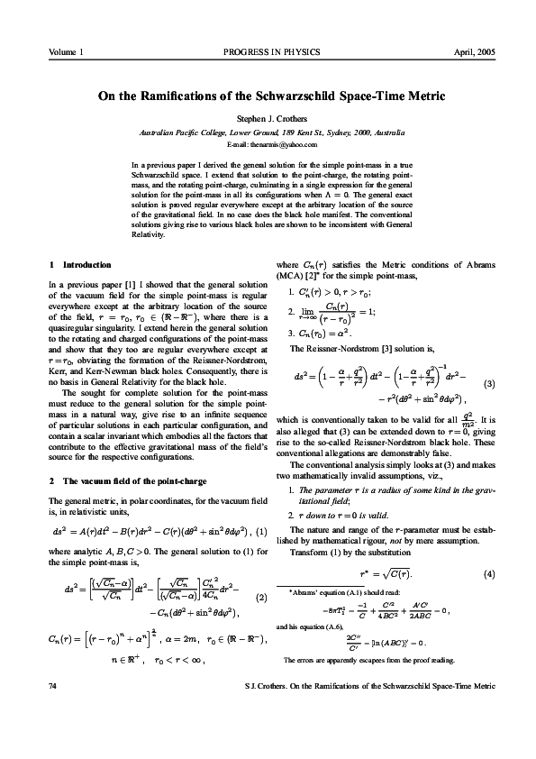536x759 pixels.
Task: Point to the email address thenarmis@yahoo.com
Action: point(268,144)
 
